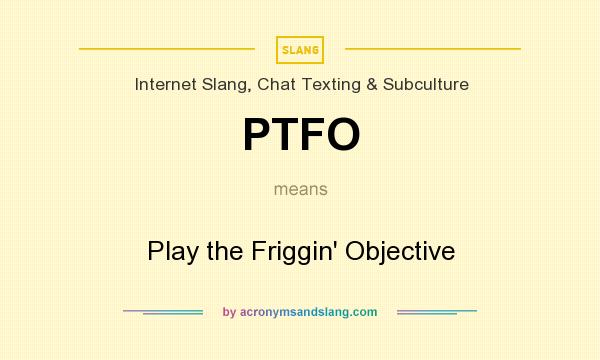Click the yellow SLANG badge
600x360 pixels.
pos(300,49)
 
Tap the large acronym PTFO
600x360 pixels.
pos(300,135)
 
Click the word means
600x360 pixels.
pos(300,188)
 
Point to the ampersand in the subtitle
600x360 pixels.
pos(370,85)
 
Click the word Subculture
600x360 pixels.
pos(424,85)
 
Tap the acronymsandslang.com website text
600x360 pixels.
pos(308,312)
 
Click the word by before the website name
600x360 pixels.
pos(229,312)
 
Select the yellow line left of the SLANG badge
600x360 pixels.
pos(167,48)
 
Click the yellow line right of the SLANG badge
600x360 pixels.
pos(432,48)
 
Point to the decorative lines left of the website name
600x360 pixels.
pos(163,312)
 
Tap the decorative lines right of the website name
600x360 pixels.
pos(437,312)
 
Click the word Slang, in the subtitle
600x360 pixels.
pos(225,85)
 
